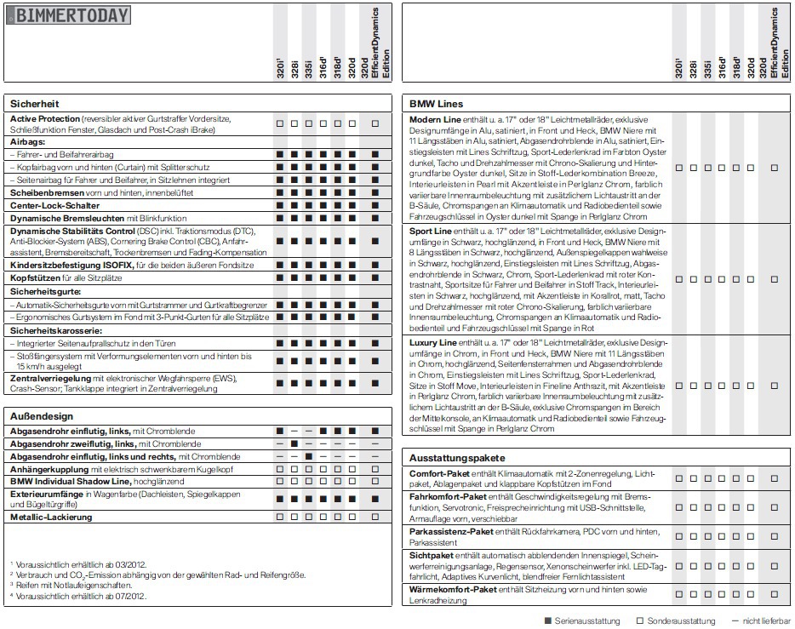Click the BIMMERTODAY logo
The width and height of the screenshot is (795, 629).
69,15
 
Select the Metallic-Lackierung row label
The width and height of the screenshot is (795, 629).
51,517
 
